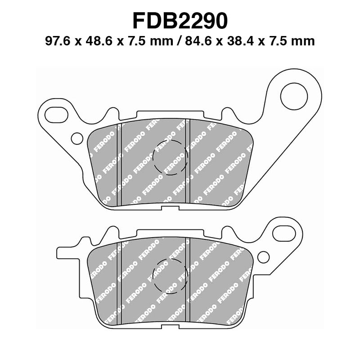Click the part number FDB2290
click(x=180, y=20)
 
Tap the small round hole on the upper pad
click(x=77, y=138)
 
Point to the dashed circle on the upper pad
click(x=170, y=158)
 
